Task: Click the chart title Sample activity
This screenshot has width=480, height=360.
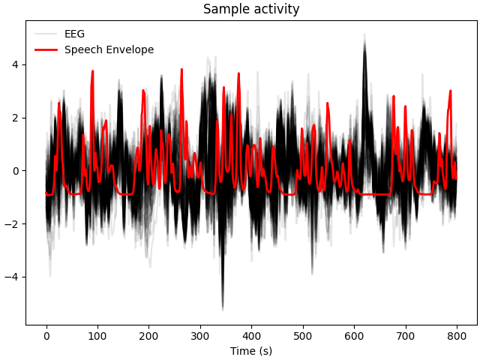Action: point(251,10)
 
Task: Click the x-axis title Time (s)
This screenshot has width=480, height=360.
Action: point(251,351)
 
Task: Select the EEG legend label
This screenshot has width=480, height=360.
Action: point(74,34)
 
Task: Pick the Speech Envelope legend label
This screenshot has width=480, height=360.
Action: point(109,50)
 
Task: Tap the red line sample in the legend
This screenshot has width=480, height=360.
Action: point(46,50)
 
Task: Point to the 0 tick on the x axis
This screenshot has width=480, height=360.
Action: point(46,336)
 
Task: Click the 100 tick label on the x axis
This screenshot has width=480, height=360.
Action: point(97,336)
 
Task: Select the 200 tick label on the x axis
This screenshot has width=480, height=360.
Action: point(149,336)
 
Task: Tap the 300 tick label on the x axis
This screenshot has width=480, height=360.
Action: point(200,336)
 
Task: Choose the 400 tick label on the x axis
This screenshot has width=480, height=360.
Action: point(252,336)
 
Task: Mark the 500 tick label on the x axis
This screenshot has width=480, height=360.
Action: point(303,336)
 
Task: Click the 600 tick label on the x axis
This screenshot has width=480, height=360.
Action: point(355,336)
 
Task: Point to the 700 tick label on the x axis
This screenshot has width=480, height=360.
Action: point(406,336)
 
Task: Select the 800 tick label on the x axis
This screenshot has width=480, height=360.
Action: point(457,336)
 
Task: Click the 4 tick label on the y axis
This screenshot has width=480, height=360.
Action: point(16,64)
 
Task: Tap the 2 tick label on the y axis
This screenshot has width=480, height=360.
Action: point(16,118)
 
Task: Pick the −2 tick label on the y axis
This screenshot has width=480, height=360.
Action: point(13,224)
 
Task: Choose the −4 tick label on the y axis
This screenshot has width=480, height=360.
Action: point(13,277)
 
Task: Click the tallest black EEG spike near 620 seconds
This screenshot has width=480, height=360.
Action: point(365,34)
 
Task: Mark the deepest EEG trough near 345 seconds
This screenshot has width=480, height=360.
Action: point(223,308)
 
